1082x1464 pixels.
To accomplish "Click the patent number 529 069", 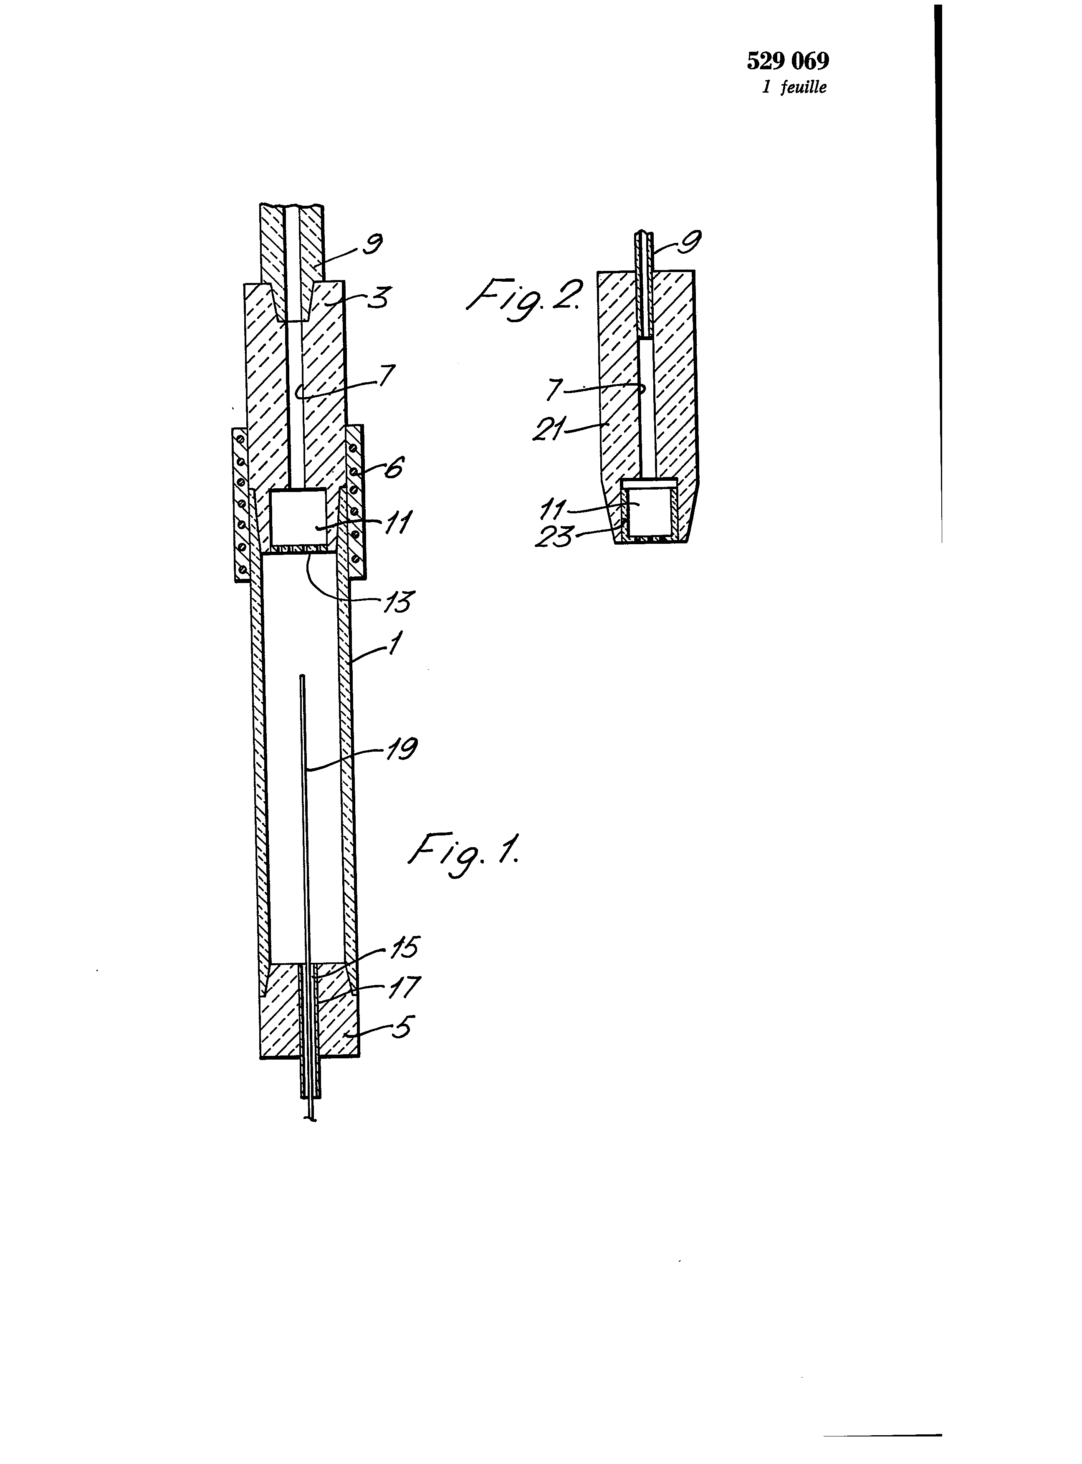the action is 788,61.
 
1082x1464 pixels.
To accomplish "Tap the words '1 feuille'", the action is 794,87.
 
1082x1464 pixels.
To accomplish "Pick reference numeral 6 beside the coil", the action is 394,467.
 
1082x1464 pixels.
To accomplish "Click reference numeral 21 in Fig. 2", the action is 549,430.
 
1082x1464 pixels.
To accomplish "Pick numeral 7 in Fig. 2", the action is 554,389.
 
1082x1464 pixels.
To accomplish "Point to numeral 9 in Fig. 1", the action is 373,244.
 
